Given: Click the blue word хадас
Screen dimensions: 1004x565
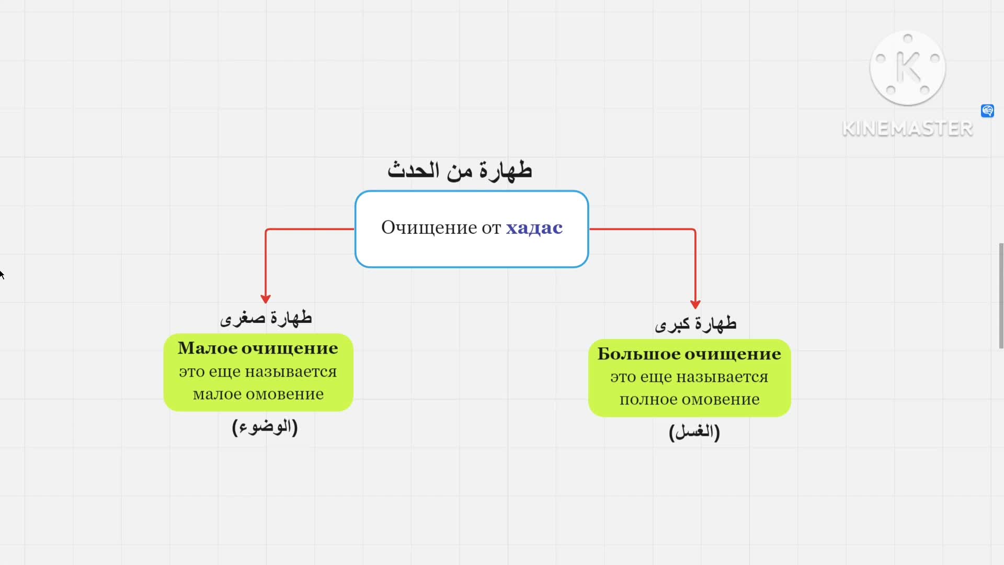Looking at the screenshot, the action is click(x=534, y=228).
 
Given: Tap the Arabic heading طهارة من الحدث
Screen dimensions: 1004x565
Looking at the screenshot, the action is click(x=460, y=171).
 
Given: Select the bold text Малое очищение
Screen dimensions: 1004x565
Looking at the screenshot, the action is click(x=258, y=348).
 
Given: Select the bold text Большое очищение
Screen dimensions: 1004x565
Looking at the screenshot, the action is click(x=689, y=354).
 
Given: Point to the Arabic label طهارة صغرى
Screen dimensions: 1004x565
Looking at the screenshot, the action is click(x=266, y=318).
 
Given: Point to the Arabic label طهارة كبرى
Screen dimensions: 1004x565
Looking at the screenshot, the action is click(x=695, y=324).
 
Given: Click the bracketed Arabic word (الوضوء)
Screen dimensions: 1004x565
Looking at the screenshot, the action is click(x=265, y=427).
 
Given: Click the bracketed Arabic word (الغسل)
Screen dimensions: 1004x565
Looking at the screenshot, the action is click(x=694, y=432).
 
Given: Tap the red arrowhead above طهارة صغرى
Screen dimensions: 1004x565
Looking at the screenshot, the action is click(x=266, y=299).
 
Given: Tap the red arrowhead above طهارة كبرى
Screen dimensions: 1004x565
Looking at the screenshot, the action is click(x=695, y=304).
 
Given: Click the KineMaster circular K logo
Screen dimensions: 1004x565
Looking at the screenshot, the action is click(x=908, y=68).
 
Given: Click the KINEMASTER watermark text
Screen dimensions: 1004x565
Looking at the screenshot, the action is click(x=907, y=129).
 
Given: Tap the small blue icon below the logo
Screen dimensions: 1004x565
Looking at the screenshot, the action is click(x=987, y=111).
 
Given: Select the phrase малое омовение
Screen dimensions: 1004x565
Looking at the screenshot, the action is click(x=258, y=394).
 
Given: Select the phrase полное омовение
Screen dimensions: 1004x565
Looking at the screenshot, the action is click(x=689, y=400).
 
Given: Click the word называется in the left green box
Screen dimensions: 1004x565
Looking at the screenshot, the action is click(x=291, y=372).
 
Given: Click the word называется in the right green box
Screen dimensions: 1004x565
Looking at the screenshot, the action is click(x=722, y=377).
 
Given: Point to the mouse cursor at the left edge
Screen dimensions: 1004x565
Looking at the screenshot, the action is click(x=2, y=274).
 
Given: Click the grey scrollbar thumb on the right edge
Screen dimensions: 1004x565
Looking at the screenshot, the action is click(x=1001, y=296).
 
